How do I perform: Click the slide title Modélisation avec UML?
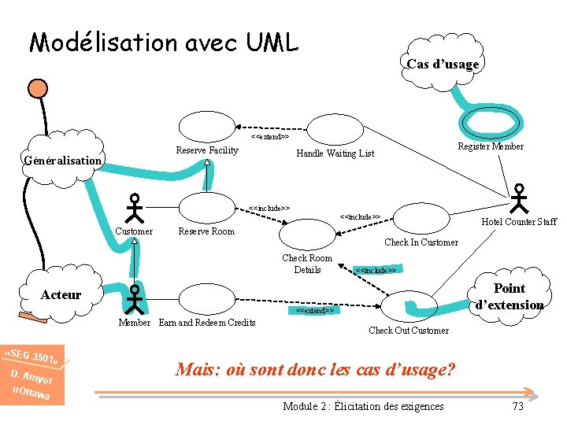pyautogui.click(x=164, y=42)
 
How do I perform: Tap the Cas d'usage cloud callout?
pyautogui.click(x=443, y=64)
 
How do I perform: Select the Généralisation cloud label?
pyautogui.click(x=63, y=161)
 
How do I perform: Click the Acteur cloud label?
pyautogui.click(x=61, y=294)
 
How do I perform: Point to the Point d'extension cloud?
pyautogui.click(x=509, y=297)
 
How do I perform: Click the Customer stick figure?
pyautogui.click(x=135, y=207)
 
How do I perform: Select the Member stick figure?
pyautogui.click(x=135, y=300)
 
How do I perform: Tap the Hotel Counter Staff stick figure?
pyautogui.click(x=520, y=198)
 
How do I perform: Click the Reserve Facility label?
pyautogui.click(x=206, y=150)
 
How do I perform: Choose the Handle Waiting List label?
pyautogui.click(x=335, y=153)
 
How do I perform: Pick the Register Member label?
pyautogui.click(x=491, y=146)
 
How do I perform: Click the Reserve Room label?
pyautogui.click(x=206, y=231)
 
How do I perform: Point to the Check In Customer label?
pyautogui.click(x=421, y=242)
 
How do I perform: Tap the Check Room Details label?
pyautogui.click(x=307, y=264)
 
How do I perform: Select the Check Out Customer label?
pyautogui.click(x=409, y=331)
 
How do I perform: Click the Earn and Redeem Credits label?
pyautogui.click(x=207, y=323)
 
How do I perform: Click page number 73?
pyautogui.click(x=517, y=406)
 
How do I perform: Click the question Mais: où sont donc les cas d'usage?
pyautogui.click(x=316, y=369)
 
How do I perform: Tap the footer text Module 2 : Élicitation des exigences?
pyautogui.click(x=363, y=406)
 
